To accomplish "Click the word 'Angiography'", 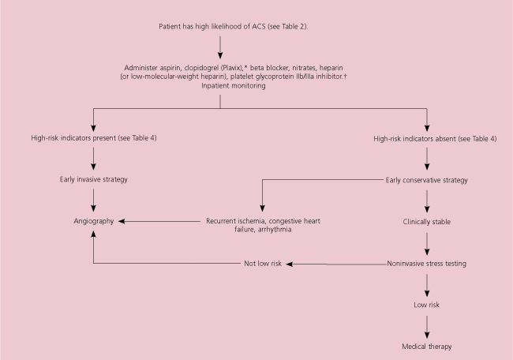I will pos(94,223).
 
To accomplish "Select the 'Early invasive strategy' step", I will pos(94,179).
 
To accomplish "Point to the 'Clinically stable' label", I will pos(427,223).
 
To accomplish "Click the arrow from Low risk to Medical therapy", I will pos(427,325).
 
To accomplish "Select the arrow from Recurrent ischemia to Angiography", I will pos(162,223).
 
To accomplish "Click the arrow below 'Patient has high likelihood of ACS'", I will pos(220,47).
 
